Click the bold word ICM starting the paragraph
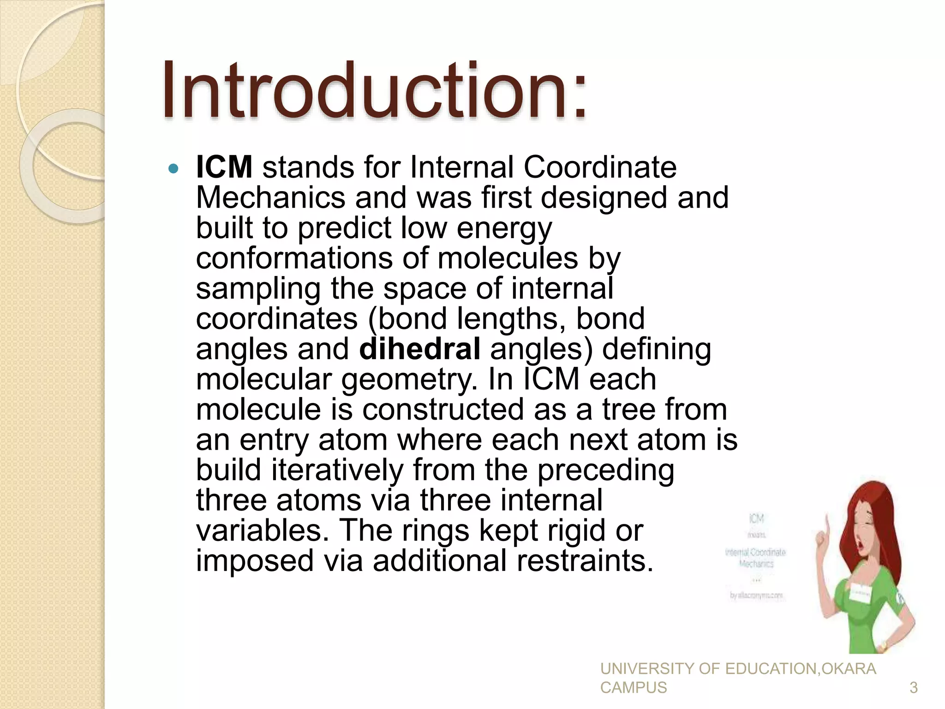[224, 167]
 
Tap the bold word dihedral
[419, 349]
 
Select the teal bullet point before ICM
[173, 169]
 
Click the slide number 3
[913, 688]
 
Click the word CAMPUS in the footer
[633, 688]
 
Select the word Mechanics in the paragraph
[270, 198]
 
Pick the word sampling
[258, 289]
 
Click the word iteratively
[337, 470]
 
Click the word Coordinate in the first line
[599, 167]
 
